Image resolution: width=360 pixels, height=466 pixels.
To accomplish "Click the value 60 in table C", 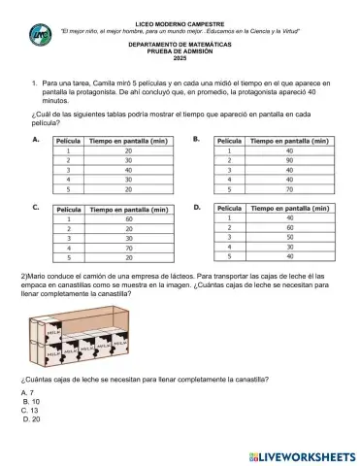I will (x=128, y=218).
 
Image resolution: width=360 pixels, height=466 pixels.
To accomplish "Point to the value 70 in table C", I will (x=128, y=248).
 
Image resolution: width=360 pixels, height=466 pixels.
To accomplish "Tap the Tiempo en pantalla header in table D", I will (x=288, y=208).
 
